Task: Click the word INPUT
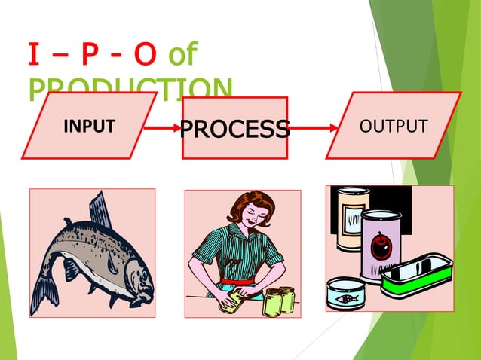point(89,126)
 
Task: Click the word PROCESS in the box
point(234,129)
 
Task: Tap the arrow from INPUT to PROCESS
point(162,129)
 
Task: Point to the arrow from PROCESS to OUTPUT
point(312,129)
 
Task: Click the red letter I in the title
point(34,56)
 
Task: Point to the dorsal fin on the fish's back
point(99,209)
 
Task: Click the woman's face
point(256,219)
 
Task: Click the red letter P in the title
point(88,56)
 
